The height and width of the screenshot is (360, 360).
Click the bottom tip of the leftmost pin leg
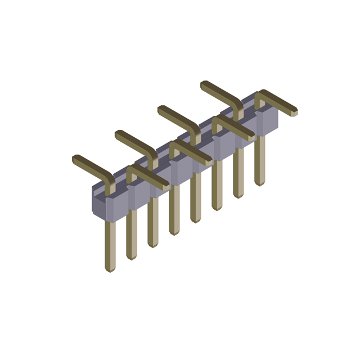(x=110, y=268)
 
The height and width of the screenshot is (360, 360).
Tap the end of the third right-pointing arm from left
(x=250, y=136)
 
